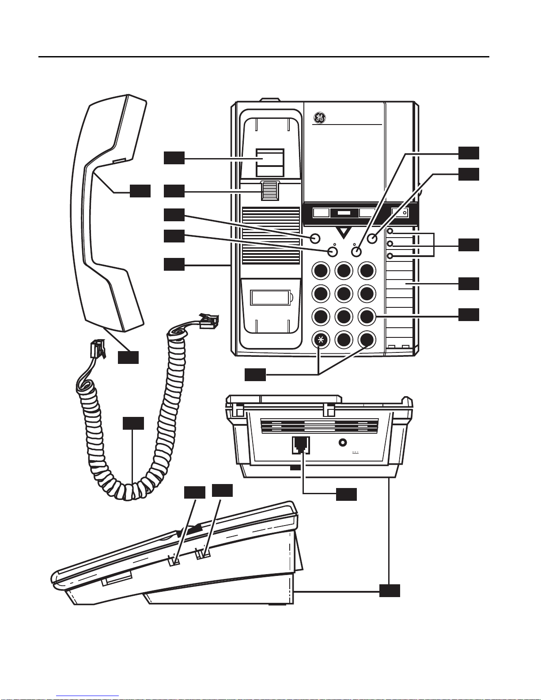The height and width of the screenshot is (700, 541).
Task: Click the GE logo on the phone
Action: (x=320, y=118)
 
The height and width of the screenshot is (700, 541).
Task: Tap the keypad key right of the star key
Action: (x=343, y=340)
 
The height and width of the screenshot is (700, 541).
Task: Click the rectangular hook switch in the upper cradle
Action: (x=270, y=163)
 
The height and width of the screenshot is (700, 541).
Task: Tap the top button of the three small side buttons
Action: (x=390, y=231)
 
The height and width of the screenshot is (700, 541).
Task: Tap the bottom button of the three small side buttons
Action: (x=390, y=256)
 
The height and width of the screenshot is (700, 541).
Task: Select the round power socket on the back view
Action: (x=342, y=443)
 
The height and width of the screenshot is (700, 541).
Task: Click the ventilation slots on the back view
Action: (x=319, y=426)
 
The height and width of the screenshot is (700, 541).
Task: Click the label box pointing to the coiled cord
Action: (x=133, y=423)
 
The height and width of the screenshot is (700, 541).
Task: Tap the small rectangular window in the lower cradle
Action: (x=270, y=297)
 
